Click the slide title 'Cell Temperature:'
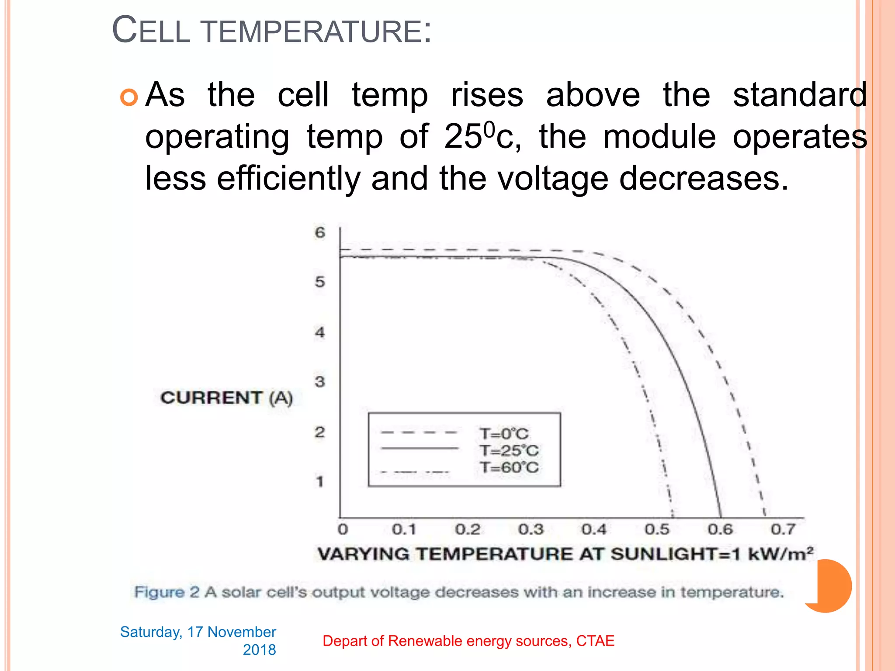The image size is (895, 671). click(271, 31)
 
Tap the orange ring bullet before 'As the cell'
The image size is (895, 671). click(129, 97)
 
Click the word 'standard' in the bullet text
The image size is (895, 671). click(800, 95)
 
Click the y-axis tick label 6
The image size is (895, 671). click(320, 232)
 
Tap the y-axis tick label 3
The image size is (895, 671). click(320, 382)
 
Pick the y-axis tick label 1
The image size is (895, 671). click(320, 481)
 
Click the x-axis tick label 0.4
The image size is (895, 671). click(594, 529)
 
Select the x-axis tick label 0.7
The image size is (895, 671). click(783, 529)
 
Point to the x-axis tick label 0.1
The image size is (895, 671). click(404, 529)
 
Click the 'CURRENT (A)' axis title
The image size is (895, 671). click(226, 398)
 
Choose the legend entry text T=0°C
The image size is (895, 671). click(504, 434)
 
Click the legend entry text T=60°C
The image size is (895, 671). click(509, 467)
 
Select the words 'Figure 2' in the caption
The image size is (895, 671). click(167, 592)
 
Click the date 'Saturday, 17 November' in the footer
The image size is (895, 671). click(198, 632)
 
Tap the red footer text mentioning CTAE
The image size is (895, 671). click(468, 641)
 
